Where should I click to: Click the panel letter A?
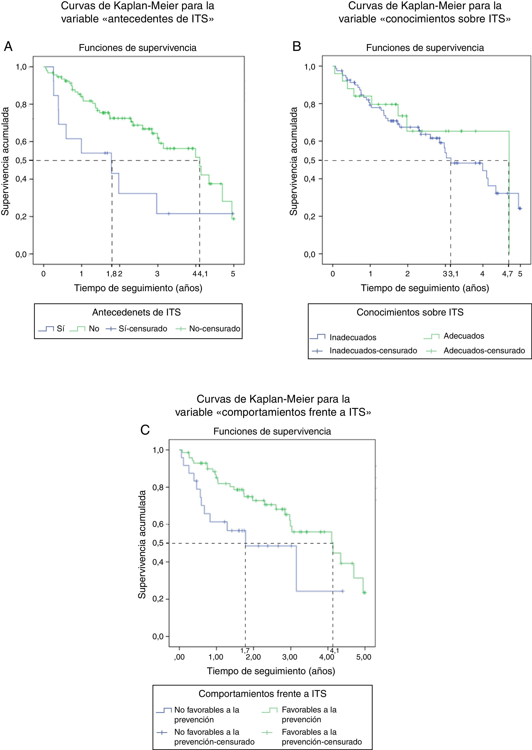8,47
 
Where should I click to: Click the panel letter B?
297,47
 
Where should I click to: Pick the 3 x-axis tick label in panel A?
157,274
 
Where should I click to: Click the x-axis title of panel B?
425,288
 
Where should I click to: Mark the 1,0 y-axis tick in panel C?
158,450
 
